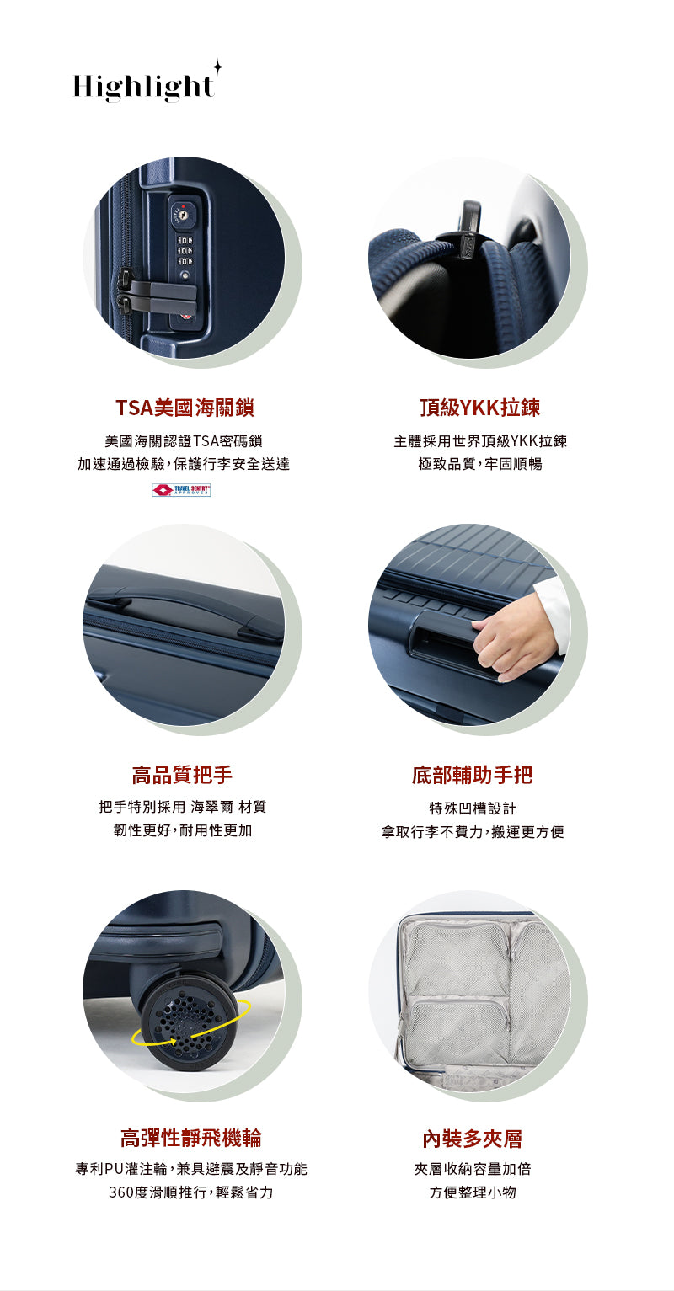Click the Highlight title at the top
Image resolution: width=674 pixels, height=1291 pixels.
(x=143, y=87)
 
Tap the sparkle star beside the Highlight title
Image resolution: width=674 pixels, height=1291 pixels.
(x=217, y=67)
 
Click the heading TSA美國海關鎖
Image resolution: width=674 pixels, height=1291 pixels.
(x=185, y=408)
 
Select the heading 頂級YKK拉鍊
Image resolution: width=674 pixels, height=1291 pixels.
(x=480, y=408)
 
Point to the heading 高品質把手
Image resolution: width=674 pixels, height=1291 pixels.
(x=182, y=775)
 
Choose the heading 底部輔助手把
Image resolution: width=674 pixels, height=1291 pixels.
(x=472, y=775)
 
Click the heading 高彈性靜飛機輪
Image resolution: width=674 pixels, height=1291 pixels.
(x=190, y=1139)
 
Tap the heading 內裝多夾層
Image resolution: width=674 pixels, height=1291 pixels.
(x=472, y=1139)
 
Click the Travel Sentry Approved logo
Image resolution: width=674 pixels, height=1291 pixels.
(x=181, y=489)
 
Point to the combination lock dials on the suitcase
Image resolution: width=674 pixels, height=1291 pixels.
(x=184, y=250)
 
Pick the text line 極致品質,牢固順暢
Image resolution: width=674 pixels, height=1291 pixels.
(x=480, y=464)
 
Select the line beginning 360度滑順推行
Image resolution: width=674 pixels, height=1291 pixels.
(x=190, y=1192)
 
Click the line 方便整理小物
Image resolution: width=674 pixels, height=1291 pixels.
(x=472, y=1192)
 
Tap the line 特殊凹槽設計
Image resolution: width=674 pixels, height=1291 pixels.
(x=472, y=808)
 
